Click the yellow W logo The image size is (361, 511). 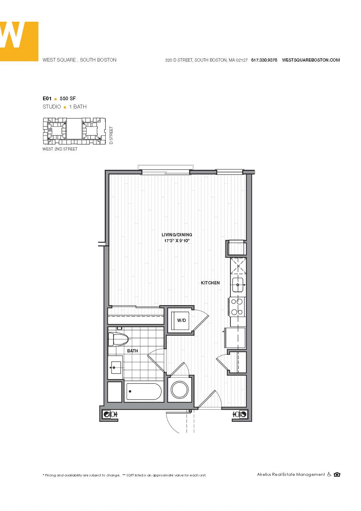pyautogui.click(x=19, y=41)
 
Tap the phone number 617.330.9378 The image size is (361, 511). pyautogui.click(x=264, y=60)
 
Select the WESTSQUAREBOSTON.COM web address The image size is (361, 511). pyautogui.click(x=311, y=60)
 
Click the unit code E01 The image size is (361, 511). pyautogui.click(x=47, y=99)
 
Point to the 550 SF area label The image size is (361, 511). pyautogui.click(x=68, y=99)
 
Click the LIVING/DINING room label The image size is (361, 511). pyautogui.click(x=177, y=235)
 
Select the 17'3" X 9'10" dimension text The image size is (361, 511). pyautogui.click(x=177, y=241)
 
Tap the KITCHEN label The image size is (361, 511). pyautogui.click(x=210, y=283)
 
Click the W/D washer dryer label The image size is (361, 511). pyautogui.click(x=181, y=320)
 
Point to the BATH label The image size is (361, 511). pyautogui.click(x=132, y=351)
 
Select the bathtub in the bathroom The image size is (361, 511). pyautogui.click(x=144, y=391)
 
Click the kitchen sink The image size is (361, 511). pyautogui.click(x=238, y=285)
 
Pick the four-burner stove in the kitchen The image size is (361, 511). pyautogui.click(x=237, y=307)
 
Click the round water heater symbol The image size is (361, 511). pyautogui.click(x=180, y=389)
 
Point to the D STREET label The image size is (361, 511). pyautogui.click(x=111, y=135)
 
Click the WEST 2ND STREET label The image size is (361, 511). pyautogui.click(x=60, y=149)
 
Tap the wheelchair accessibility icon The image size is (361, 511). pyautogui.click(x=329, y=474)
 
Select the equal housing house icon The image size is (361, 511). pyautogui.click(x=337, y=474)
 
